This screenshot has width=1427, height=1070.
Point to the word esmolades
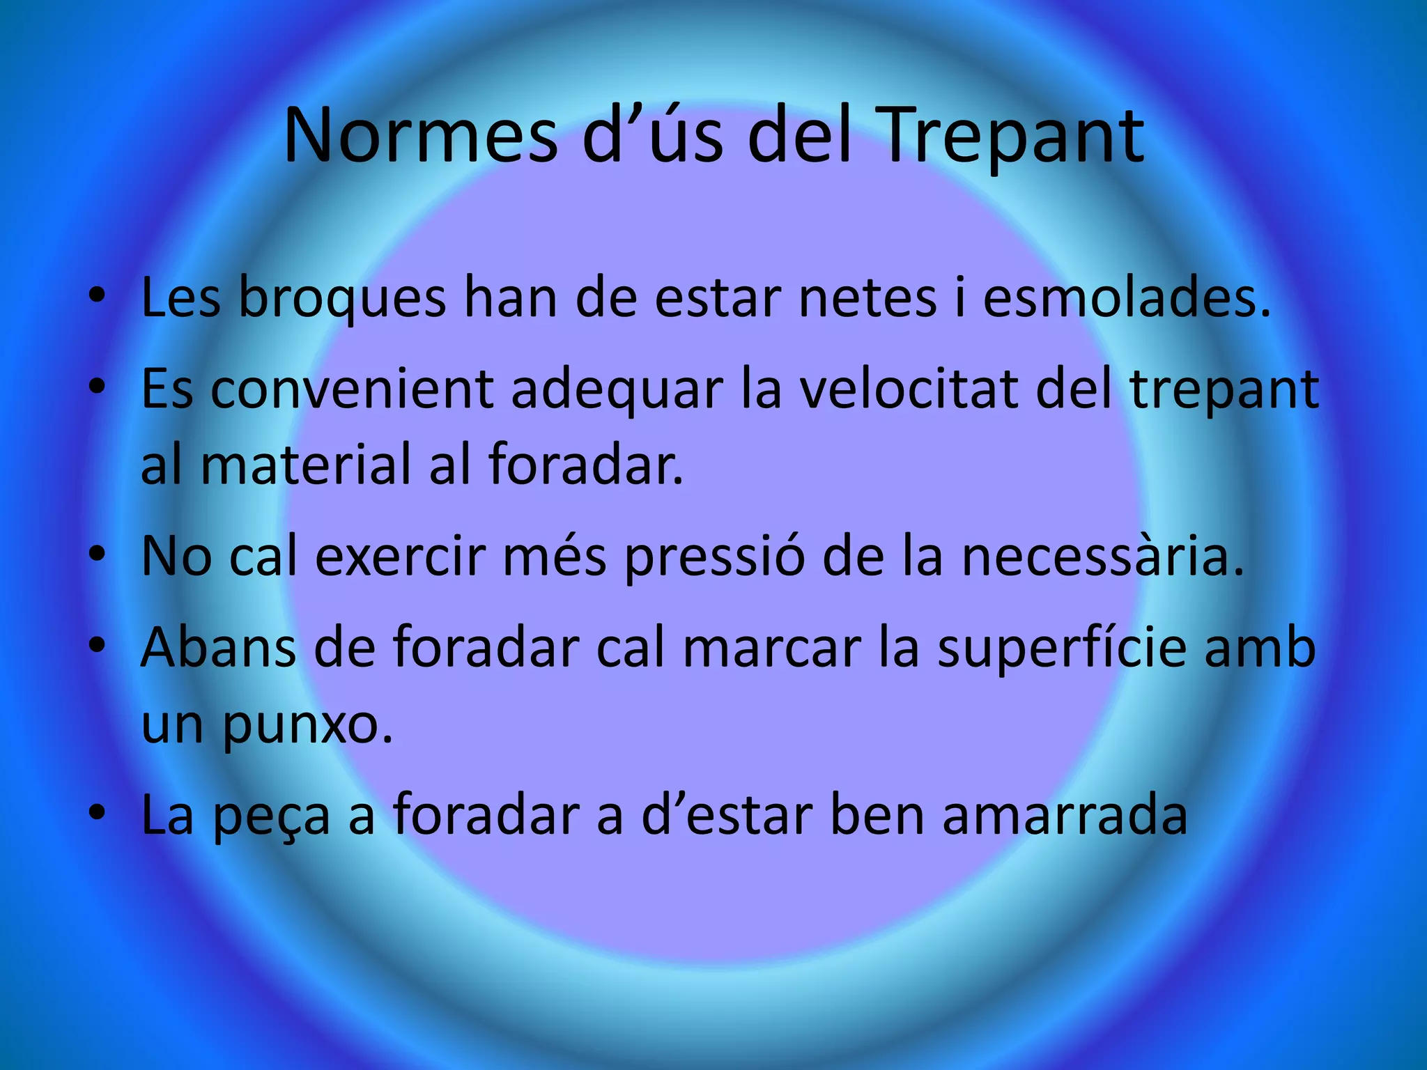click(1127, 298)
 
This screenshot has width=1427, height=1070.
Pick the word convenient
click(352, 389)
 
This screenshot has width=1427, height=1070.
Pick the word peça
click(271, 817)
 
